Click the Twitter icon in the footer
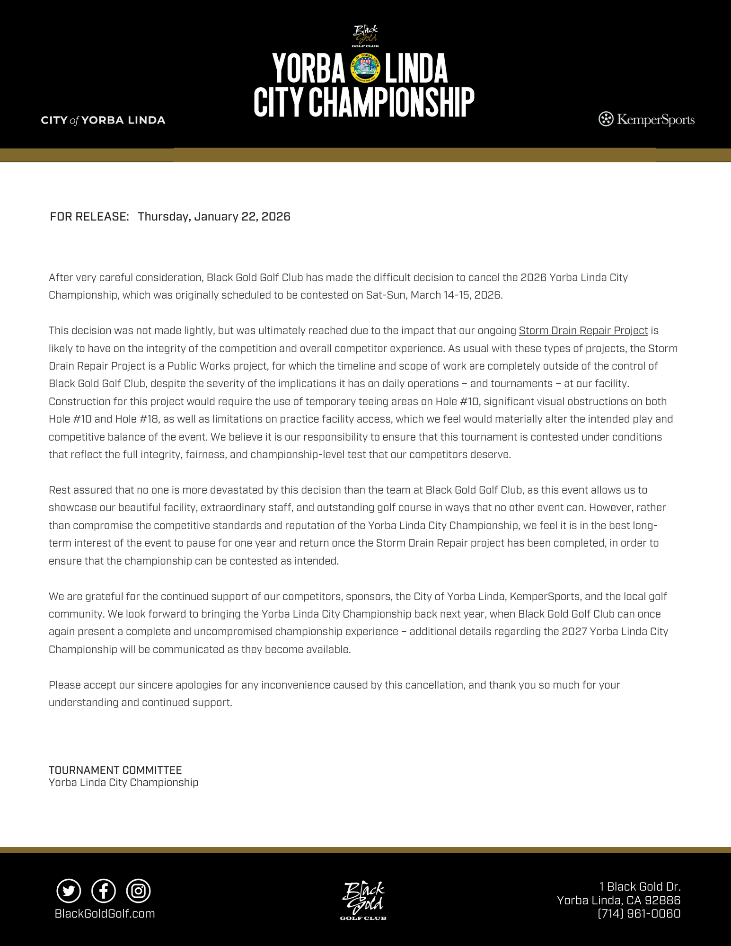[x=69, y=891]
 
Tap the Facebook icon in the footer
[x=104, y=891]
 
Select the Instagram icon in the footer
[x=138, y=891]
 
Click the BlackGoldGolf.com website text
[x=105, y=914]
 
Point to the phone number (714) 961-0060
[x=639, y=914]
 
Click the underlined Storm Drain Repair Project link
[x=583, y=331]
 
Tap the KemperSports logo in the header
[x=647, y=119]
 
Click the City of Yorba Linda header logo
[x=103, y=120]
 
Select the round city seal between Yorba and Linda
[x=365, y=68]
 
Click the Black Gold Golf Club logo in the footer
[x=363, y=901]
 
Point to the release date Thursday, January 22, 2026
[x=214, y=217]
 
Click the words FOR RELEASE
[x=89, y=217]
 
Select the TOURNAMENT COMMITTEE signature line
[x=115, y=770]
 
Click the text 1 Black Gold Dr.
[x=640, y=886]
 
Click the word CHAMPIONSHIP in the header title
[x=392, y=102]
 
